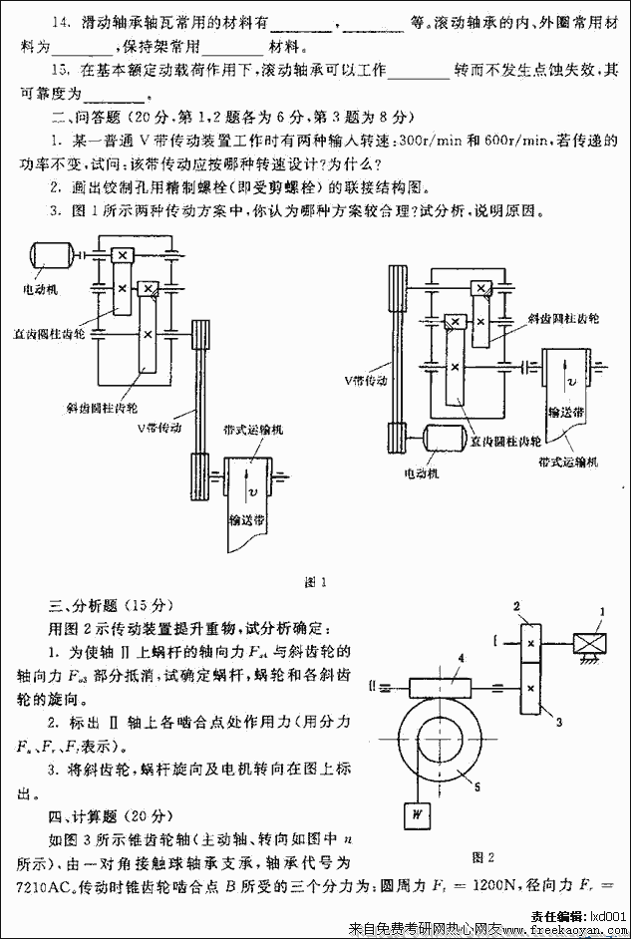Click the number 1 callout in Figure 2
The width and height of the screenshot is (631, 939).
click(x=602, y=611)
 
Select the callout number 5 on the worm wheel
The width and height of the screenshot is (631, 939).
click(x=478, y=786)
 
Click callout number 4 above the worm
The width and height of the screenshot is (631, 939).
click(x=461, y=658)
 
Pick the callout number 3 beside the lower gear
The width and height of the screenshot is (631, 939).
click(x=559, y=719)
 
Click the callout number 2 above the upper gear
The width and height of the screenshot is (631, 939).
click(x=517, y=606)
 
